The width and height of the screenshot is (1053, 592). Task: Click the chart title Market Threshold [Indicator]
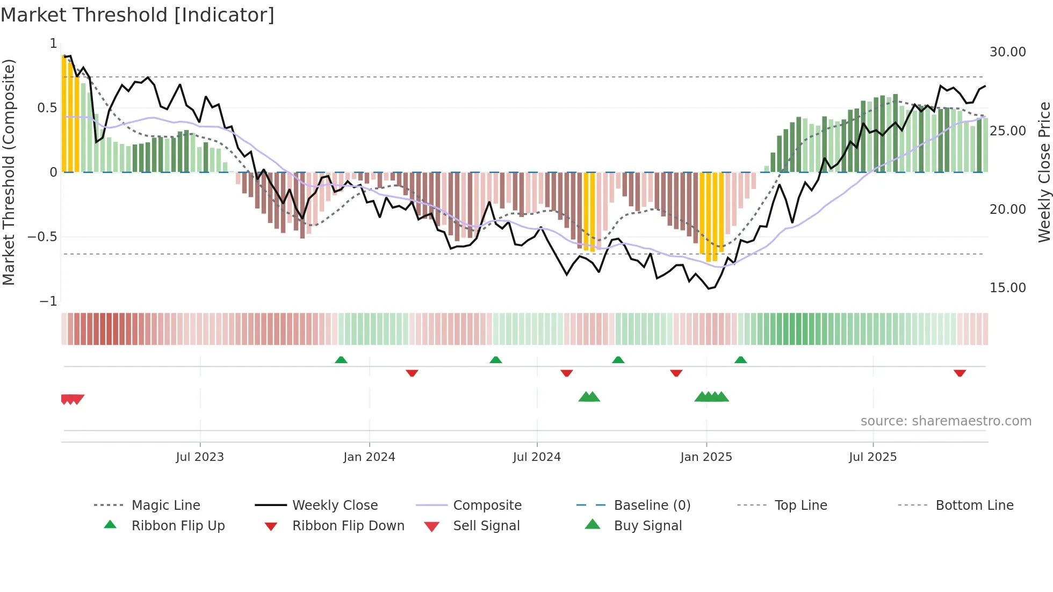click(138, 15)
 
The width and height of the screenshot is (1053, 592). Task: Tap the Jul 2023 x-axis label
click(200, 457)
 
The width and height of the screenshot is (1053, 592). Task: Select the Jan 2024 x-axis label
click(369, 457)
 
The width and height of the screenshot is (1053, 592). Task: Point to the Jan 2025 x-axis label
click(706, 457)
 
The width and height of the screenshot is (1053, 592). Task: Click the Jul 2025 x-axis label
click(872, 457)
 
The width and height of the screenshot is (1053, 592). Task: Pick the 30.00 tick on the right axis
click(1007, 52)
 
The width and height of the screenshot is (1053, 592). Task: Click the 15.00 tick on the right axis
click(1007, 288)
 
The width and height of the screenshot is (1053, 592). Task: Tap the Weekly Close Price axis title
click(1044, 172)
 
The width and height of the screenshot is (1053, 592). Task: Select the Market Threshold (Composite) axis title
click(9, 172)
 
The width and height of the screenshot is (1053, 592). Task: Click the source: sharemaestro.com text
click(946, 421)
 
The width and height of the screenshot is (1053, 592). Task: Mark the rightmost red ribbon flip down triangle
click(960, 373)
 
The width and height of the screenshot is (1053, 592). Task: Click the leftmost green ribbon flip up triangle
click(341, 360)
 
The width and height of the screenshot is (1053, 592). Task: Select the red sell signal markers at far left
click(72, 399)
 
